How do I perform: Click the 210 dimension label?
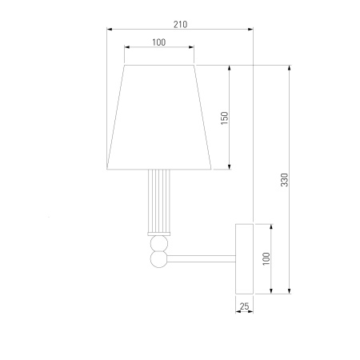pos(181,25)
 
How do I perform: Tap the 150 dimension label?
pos(225,118)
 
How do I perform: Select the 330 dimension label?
pos(285,180)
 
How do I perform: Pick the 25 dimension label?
pos(244,306)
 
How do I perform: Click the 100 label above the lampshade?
pos(159,42)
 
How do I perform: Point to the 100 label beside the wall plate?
pos(266,258)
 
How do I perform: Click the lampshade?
pos(159,117)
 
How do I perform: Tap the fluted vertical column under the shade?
pos(159,201)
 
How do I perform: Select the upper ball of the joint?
pos(159,244)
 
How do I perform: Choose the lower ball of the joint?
pos(159,259)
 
